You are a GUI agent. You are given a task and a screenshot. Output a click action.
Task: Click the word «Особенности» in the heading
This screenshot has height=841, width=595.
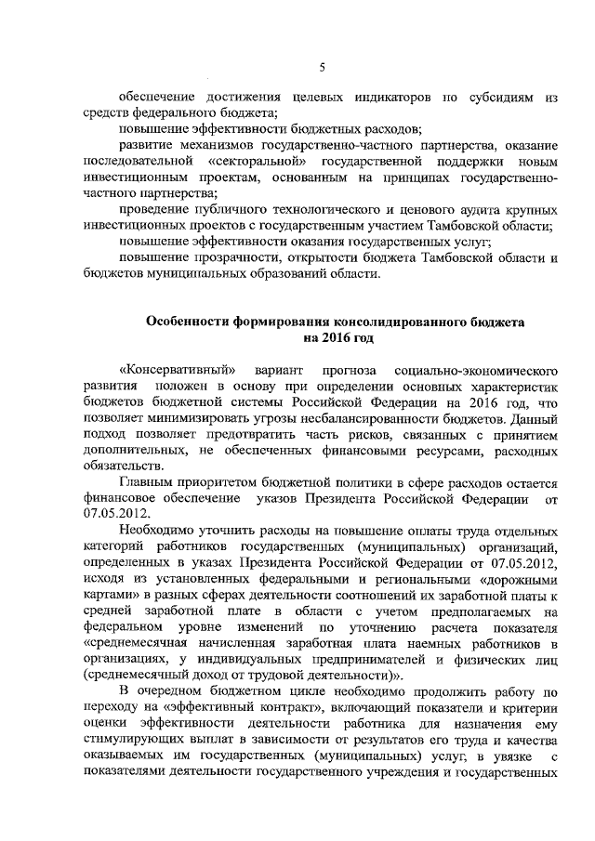(x=194, y=322)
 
